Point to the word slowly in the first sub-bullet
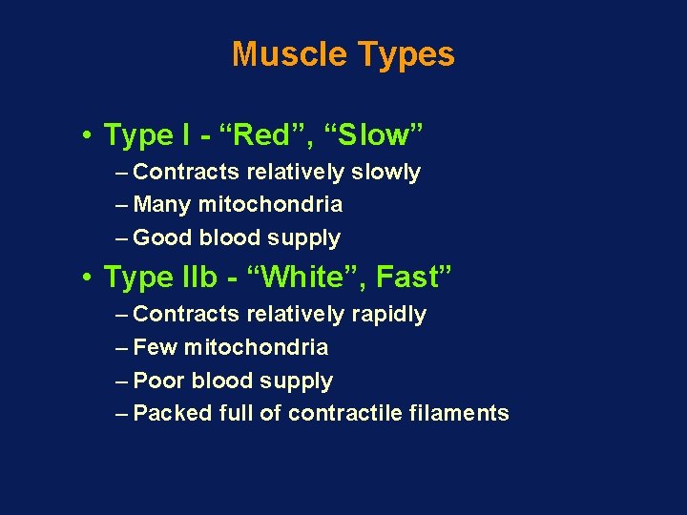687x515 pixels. (x=385, y=173)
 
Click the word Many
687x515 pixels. (x=163, y=205)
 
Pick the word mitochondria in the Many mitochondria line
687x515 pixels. (x=270, y=205)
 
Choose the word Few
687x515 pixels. (x=156, y=348)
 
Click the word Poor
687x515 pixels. (x=159, y=381)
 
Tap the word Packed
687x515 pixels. (x=173, y=414)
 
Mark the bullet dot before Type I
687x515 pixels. (x=86, y=136)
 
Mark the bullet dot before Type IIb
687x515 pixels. (x=86, y=278)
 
